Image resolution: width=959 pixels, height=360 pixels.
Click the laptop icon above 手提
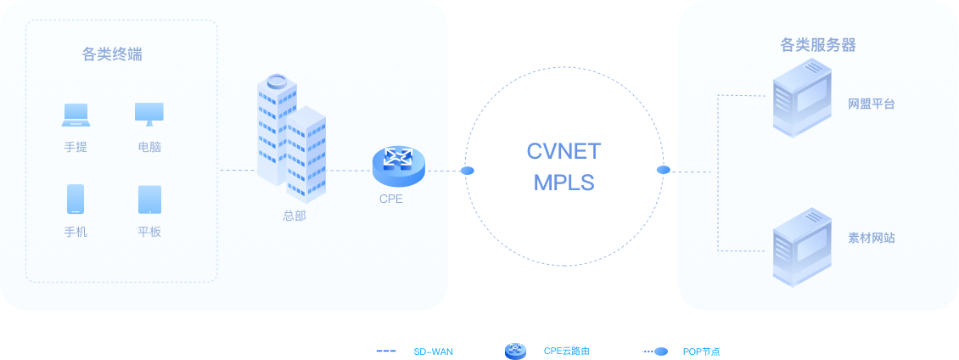(x=75, y=114)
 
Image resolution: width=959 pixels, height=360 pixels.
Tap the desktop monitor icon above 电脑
(x=149, y=114)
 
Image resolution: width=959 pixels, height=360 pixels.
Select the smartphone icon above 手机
(x=76, y=200)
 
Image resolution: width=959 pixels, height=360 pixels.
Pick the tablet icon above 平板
(x=149, y=200)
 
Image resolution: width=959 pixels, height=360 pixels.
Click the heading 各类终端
(x=112, y=55)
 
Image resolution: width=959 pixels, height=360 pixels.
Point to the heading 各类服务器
(x=818, y=45)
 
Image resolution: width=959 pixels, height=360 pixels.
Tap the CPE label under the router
(x=391, y=200)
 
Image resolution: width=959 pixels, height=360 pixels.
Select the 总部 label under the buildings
(x=294, y=215)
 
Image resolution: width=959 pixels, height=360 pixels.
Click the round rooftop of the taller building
(x=278, y=82)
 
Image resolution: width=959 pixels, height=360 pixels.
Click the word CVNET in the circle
(x=564, y=152)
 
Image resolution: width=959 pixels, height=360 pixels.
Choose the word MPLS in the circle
(x=564, y=183)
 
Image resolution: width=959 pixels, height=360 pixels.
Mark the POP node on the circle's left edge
(x=467, y=171)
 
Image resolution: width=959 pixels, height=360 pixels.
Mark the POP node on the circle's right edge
(x=664, y=171)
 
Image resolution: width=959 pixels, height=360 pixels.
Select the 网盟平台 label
(x=872, y=104)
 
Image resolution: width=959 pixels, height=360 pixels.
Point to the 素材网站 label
(x=872, y=238)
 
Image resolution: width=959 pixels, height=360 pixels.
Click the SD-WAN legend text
(x=434, y=351)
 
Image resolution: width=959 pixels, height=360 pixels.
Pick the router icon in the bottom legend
(x=516, y=351)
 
